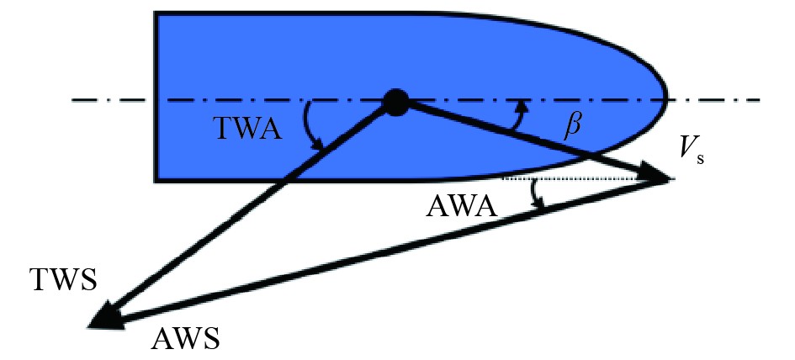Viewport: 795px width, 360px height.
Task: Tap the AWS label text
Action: click(x=186, y=338)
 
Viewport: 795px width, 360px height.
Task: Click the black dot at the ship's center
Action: click(x=395, y=102)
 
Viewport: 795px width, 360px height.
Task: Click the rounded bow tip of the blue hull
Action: click(x=665, y=97)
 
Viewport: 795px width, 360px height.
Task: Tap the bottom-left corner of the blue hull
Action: click(x=156, y=179)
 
